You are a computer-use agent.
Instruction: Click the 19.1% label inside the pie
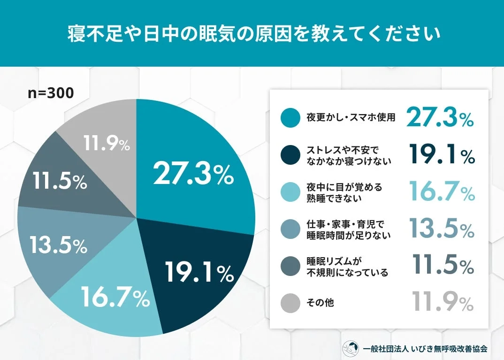(199, 272)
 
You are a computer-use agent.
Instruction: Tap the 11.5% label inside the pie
(60, 181)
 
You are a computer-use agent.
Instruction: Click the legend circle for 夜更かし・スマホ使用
(290, 117)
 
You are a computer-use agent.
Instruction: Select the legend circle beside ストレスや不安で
(290, 155)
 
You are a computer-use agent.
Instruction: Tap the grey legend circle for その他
(290, 303)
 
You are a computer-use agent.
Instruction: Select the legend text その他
(320, 303)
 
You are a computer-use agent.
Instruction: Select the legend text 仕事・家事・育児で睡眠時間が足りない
(348, 229)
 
